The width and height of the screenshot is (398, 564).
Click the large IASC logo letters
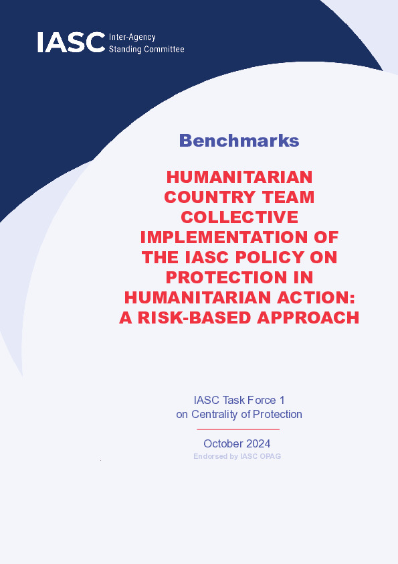click(x=71, y=42)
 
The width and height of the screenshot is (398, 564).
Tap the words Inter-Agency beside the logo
click(x=132, y=38)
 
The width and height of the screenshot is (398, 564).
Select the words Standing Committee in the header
click(x=146, y=50)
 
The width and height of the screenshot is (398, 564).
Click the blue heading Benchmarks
click(x=239, y=140)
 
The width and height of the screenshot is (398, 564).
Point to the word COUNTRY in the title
click(x=210, y=197)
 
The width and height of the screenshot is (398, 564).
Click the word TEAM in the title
click(x=288, y=197)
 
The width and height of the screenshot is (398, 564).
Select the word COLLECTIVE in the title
click(x=239, y=217)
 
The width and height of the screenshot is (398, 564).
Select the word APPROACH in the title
click(x=308, y=318)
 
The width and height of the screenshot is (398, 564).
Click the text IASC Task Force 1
click(x=239, y=400)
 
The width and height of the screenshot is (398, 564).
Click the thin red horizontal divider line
click(x=238, y=429)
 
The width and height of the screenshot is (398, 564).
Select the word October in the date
click(x=221, y=443)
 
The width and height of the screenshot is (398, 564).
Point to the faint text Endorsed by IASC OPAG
click(x=237, y=456)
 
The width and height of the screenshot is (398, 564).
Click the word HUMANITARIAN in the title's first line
click(x=239, y=177)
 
